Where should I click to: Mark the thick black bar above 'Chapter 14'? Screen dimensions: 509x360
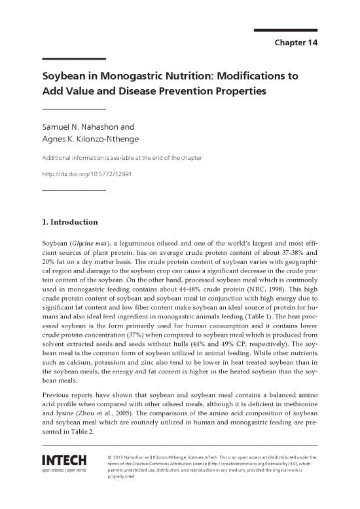click(285, 29)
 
